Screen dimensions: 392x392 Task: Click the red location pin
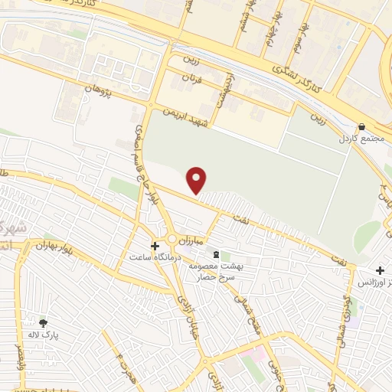point(198,180)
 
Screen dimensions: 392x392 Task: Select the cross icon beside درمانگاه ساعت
point(156,247)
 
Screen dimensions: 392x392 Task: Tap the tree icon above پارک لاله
point(43,323)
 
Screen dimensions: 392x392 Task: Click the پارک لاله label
point(46,335)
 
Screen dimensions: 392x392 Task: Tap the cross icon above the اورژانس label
point(381,269)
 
